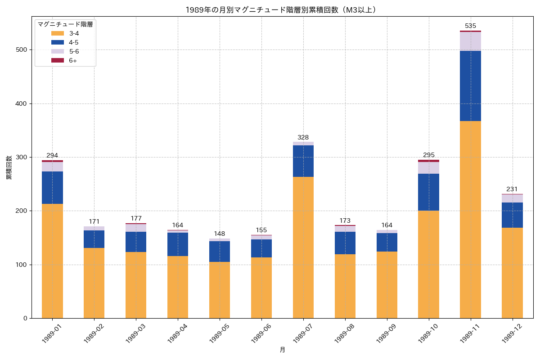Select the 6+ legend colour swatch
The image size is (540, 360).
(x=58, y=60)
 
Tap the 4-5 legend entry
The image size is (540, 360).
(x=73, y=42)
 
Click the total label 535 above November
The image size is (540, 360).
(x=470, y=26)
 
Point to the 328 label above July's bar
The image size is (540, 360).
(x=303, y=137)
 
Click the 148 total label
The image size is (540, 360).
(x=220, y=234)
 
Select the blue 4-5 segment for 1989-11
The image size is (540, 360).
(x=470, y=86)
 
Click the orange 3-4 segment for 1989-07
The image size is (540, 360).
(x=303, y=247)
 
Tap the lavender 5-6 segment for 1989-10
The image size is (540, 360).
(x=428, y=168)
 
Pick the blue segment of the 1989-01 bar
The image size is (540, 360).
(x=52, y=188)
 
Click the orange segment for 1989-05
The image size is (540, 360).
(x=220, y=290)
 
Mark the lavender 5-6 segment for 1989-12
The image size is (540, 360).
(x=512, y=198)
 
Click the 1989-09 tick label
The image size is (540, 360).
(x=386, y=334)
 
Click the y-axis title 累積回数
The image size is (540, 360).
(x=9, y=168)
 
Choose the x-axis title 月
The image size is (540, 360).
(x=282, y=350)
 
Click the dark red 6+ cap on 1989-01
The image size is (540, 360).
(x=52, y=161)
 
